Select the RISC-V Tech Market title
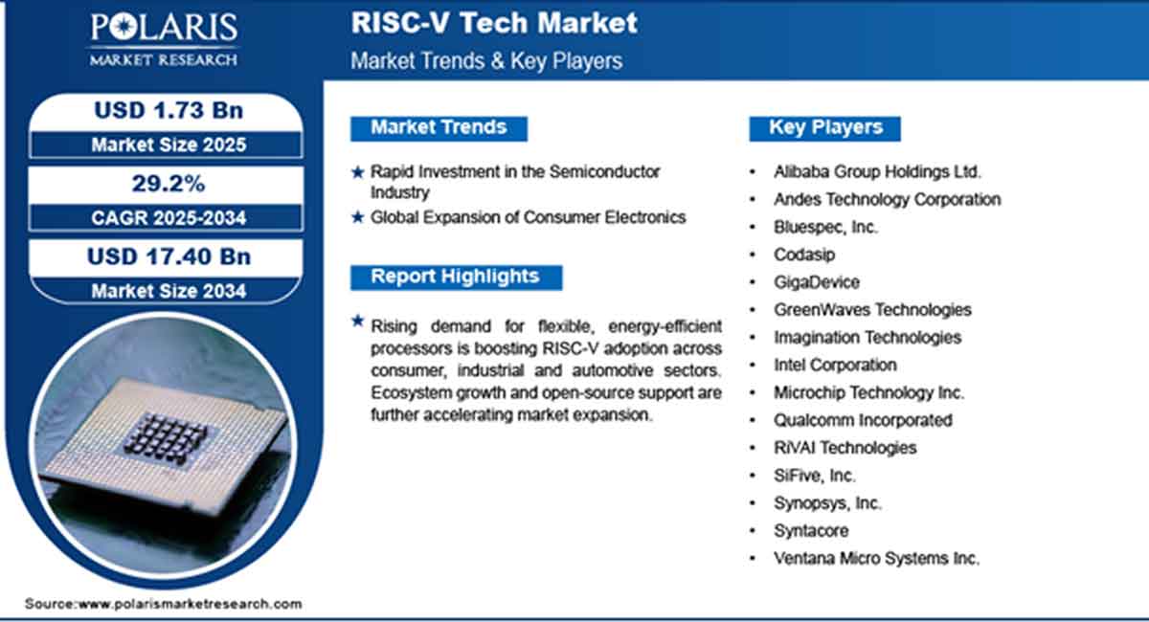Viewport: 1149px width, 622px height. coord(494,23)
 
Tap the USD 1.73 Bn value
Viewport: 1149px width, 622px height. coord(168,110)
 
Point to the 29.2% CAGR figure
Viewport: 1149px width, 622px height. coord(168,183)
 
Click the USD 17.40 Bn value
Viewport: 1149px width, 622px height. coord(168,256)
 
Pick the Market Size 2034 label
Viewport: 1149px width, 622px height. coord(168,291)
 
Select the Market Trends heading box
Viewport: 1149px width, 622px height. coord(438,127)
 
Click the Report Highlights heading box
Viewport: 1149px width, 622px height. coord(455,277)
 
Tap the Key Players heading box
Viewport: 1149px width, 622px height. coord(825,127)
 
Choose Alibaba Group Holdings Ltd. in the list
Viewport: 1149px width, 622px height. coord(877,172)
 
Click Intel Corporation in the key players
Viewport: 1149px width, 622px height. coord(835,365)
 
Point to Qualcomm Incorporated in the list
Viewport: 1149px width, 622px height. coord(863,420)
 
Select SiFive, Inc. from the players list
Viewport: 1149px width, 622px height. coord(815,476)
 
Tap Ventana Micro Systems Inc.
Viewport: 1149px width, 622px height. coord(876,559)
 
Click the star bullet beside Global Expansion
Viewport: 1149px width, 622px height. coord(357,218)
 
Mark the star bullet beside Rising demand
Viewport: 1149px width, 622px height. coord(357,322)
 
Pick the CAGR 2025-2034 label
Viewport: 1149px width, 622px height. coord(168,218)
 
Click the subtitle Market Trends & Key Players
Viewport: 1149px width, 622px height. coord(486,61)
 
